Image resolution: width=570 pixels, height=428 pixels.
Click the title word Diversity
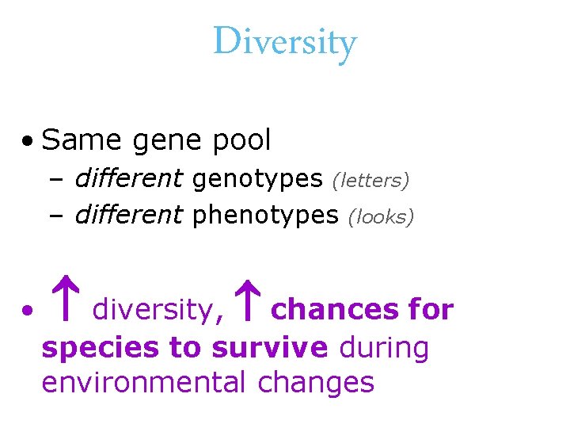285,41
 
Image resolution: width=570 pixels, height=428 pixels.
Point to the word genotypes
257,180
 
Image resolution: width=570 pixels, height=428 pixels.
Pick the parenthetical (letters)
370,181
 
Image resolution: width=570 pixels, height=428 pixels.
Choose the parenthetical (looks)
381,217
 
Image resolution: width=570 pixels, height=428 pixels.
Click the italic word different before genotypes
129,179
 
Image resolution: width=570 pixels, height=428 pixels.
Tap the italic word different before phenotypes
129,216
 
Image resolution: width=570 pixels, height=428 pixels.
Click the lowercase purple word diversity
153,310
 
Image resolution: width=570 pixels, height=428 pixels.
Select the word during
383,346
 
